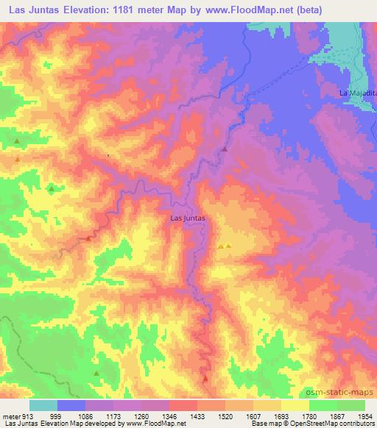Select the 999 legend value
click(x=55, y=415)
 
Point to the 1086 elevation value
click(x=86, y=415)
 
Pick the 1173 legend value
click(x=117, y=415)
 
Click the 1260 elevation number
click(x=149, y=415)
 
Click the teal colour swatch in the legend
click(x=43, y=405)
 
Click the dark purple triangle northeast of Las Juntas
click(x=225, y=149)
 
